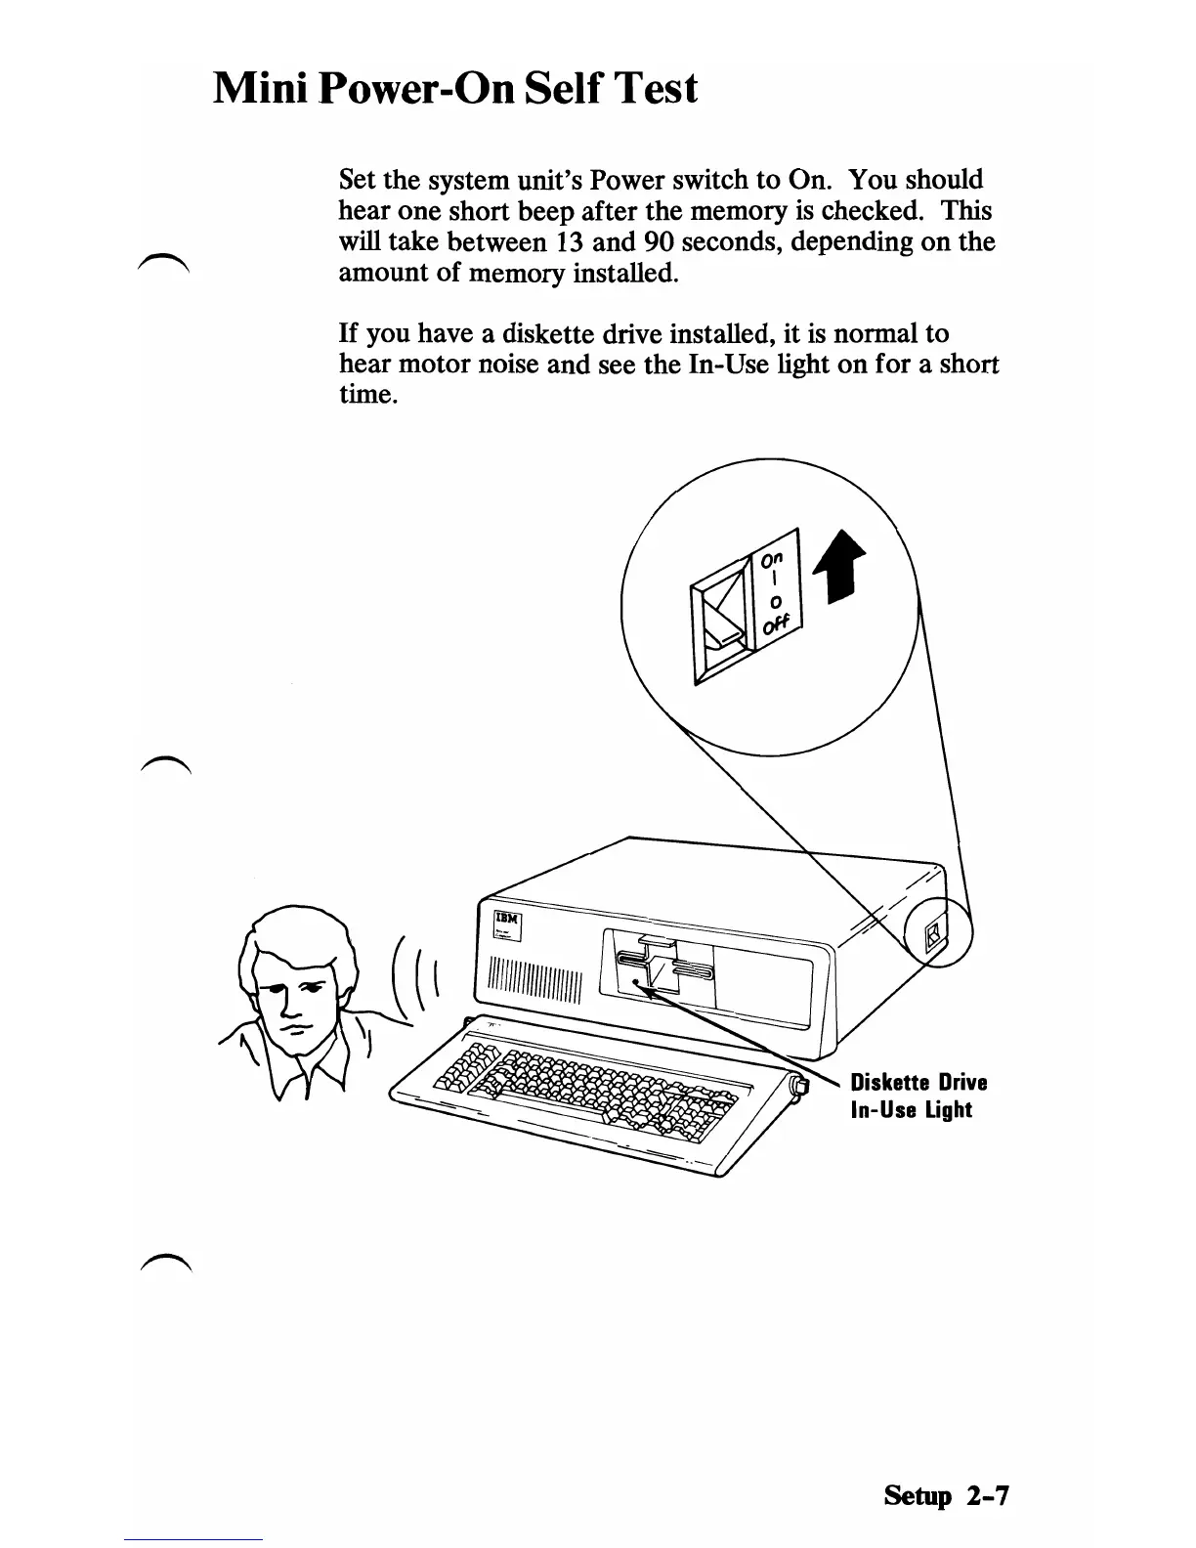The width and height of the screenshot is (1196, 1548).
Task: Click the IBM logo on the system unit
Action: click(506, 920)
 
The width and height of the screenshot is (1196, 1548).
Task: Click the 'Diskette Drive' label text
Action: click(918, 1083)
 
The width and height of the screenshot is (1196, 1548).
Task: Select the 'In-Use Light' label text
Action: click(912, 1110)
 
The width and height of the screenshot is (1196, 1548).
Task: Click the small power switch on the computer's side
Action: click(933, 936)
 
